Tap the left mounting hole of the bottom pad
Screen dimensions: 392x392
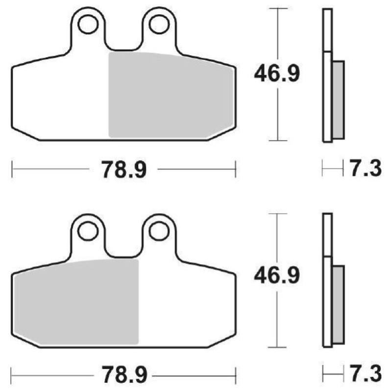[88, 230]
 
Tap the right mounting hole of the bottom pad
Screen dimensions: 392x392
[159, 230]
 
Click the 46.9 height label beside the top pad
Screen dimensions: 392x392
[276, 74]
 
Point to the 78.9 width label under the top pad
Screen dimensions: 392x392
[123, 170]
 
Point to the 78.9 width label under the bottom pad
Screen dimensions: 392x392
[123, 376]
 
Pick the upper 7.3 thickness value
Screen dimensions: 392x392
[365, 170]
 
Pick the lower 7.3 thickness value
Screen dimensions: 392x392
[365, 375]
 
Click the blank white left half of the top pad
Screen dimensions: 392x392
[59, 98]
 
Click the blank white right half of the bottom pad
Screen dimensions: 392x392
[186, 304]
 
